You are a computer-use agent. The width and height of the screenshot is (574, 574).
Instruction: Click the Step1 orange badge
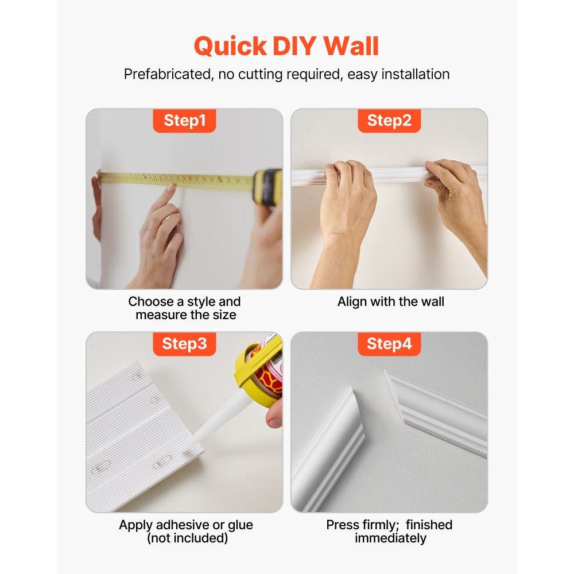click(184, 121)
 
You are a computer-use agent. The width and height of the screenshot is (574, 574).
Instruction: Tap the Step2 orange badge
click(389, 121)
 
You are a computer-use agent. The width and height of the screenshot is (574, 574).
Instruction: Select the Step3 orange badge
click(184, 344)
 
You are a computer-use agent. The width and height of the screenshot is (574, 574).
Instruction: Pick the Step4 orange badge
click(389, 344)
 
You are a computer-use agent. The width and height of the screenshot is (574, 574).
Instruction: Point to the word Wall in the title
click(351, 46)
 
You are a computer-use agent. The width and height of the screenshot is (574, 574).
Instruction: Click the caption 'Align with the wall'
click(391, 302)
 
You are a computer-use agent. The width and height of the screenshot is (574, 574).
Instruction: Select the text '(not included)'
click(187, 538)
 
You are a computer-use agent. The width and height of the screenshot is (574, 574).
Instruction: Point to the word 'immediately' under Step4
click(390, 538)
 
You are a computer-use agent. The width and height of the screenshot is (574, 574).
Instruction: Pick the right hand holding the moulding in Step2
click(457, 192)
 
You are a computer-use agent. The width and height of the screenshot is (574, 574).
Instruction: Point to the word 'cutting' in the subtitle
click(270, 75)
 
